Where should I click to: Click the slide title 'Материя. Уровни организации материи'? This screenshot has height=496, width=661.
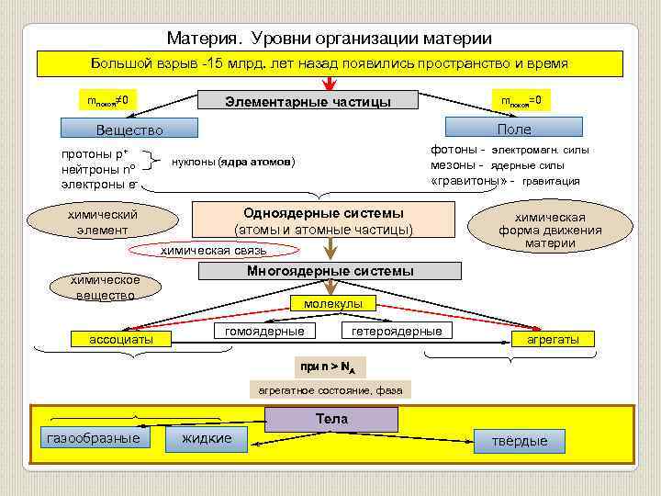click(330, 39)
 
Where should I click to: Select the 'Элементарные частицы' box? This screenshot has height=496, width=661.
click(308, 101)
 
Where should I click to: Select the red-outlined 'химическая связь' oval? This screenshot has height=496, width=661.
click(214, 250)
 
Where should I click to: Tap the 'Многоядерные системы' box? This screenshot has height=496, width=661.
click(330, 271)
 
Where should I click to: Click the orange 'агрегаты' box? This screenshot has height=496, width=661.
click(553, 339)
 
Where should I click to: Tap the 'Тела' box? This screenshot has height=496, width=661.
click(331, 420)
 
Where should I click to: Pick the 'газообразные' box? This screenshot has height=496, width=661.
click(94, 438)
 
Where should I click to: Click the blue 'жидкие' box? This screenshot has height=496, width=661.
click(207, 440)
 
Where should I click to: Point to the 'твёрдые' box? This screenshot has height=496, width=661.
click(520, 441)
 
